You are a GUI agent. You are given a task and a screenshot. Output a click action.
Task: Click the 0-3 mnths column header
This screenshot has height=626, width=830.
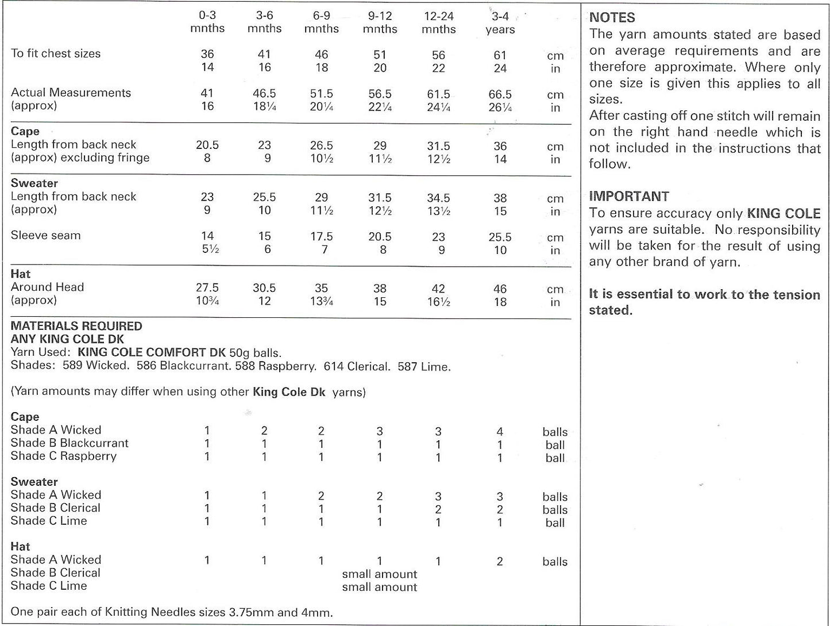tap(207, 22)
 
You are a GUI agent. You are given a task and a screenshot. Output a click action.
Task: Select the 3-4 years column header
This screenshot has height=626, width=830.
tap(500, 23)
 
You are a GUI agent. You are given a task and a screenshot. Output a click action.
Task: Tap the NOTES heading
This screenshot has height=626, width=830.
tap(612, 18)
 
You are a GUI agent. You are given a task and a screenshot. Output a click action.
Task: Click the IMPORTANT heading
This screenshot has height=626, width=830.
tap(628, 197)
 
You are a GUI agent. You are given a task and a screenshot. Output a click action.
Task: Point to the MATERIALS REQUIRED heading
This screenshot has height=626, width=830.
tap(76, 326)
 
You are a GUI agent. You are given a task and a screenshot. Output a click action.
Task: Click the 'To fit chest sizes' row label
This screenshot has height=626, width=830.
tap(56, 53)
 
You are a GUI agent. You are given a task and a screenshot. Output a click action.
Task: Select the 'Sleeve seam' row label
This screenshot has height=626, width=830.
tap(45, 235)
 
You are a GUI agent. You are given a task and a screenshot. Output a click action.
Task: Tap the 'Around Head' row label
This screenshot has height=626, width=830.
tap(47, 287)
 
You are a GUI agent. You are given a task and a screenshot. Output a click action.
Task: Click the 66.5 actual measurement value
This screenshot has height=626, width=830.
tap(500, 94)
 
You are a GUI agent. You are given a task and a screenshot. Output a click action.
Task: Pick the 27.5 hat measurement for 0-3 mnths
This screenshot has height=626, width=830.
tap(207, 288)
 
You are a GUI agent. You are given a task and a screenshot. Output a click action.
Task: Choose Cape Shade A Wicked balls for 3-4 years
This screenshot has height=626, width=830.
tap(500, 431)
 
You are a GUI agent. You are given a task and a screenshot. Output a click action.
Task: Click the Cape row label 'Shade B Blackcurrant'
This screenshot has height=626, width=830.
tap(70, 443)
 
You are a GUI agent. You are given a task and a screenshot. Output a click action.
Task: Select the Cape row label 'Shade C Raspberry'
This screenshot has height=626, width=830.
tap(63, 456)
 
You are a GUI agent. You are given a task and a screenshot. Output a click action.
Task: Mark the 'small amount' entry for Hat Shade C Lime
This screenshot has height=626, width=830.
tap(379, 587)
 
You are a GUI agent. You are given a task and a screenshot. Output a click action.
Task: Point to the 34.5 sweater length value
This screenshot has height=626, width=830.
tap(438, 198)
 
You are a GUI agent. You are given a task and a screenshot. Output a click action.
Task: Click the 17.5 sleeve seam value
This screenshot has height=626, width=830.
tap(322, 237)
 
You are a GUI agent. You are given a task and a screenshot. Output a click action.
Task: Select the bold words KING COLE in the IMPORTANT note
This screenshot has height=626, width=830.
tap(783, 214)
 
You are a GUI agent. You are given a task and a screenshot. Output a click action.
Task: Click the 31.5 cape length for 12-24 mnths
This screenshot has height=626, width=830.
tap(438, 146)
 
